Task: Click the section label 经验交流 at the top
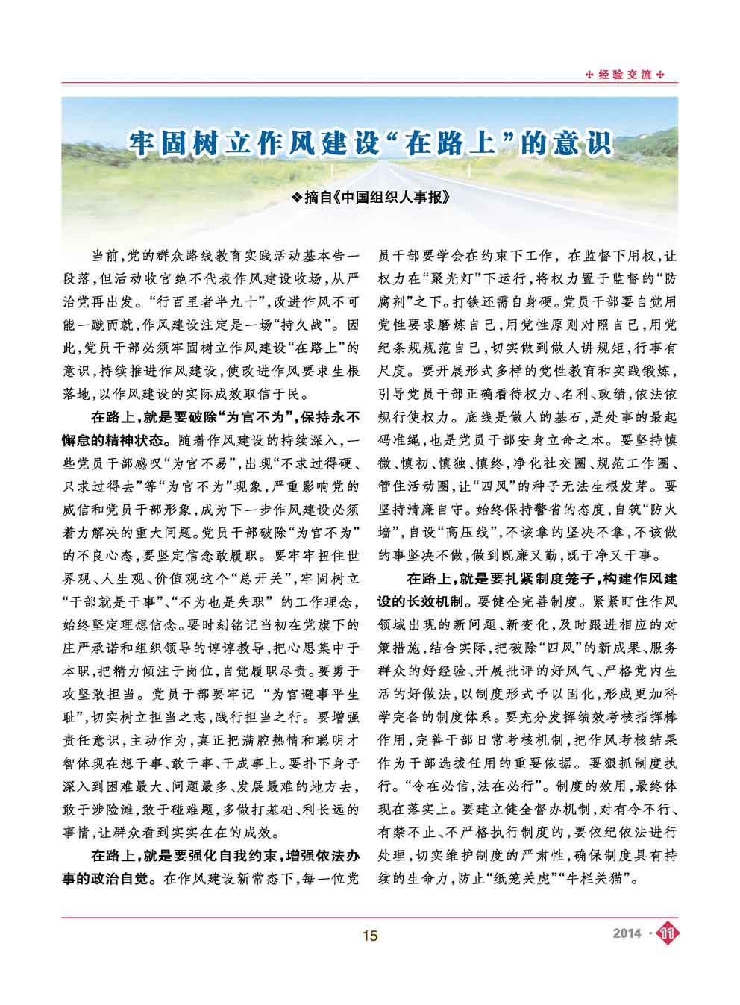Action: point(625,75)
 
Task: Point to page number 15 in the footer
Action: point(370,935)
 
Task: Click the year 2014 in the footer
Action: point(627,933)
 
